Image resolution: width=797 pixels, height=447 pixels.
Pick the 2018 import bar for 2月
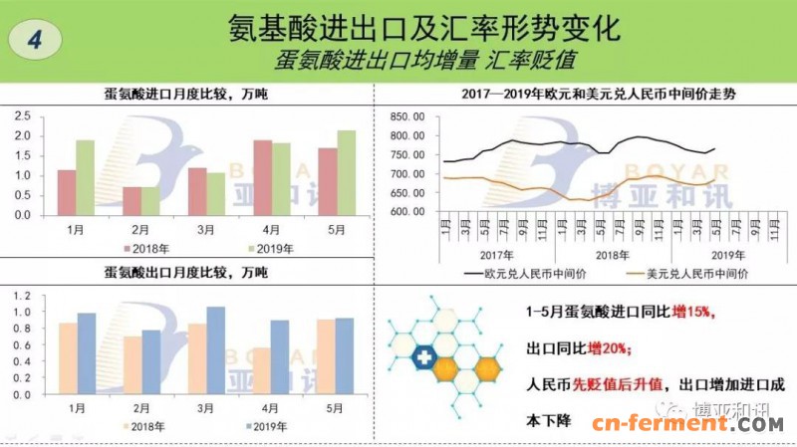(132, 200)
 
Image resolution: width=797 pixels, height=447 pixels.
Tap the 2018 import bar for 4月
(263, 176)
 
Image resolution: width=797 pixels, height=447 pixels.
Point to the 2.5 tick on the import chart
(21, 116)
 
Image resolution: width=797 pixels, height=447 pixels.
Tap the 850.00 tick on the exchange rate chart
(407, 116)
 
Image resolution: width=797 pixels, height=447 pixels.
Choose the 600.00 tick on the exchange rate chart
(407, 211)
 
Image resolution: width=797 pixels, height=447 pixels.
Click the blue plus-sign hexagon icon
(423, 356)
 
